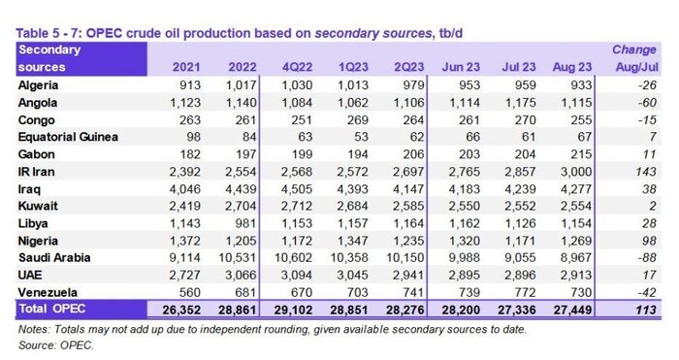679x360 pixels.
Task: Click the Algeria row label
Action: click(38, 85)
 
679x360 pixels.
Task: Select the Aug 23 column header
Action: click(572, 67)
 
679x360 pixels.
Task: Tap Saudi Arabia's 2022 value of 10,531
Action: click(238, 258)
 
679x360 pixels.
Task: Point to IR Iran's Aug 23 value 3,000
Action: click(576, 172)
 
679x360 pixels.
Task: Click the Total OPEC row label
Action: click(52, 309)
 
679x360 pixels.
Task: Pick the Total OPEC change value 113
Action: click(646, 310)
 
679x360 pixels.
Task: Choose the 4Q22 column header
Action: click(297, 67)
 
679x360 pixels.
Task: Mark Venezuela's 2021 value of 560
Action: click(190, 292)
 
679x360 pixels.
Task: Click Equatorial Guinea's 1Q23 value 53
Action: click(360, 137)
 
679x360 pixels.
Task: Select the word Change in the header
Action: click(634, 49)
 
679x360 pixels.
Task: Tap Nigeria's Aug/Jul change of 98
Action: click(649, 241)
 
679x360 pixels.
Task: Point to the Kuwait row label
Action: click(38, 206)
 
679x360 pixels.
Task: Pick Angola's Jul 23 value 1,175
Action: click(520, 103)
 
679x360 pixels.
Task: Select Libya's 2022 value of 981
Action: click(246, 223)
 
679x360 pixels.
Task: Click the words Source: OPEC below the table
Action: click(56, 345)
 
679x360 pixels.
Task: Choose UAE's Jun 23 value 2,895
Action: click(465, 275)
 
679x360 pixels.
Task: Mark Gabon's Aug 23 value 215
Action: click(581, 154)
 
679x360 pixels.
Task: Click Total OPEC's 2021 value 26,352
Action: click(181, 310)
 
